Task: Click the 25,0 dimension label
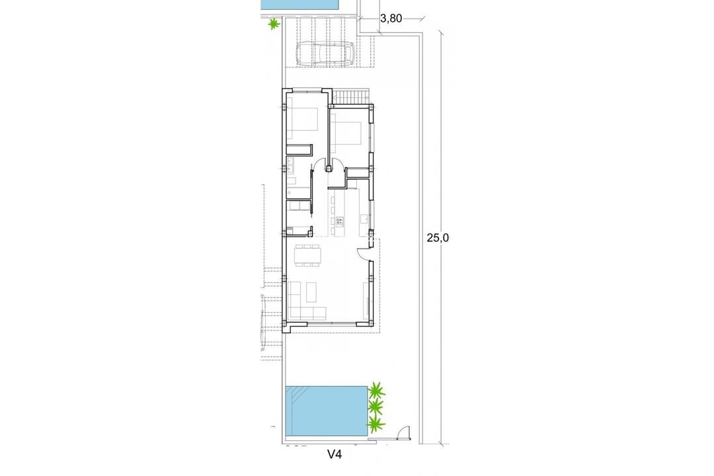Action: tap(437, 239)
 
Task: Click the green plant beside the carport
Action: tap(273, 24)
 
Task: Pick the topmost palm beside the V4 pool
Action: tap(377, 389)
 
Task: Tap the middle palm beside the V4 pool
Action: tap(377, 405)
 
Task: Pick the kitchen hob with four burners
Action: tap(340, 221)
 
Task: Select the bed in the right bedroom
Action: tap(346, 133)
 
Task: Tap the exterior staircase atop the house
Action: tap(351, 97)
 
